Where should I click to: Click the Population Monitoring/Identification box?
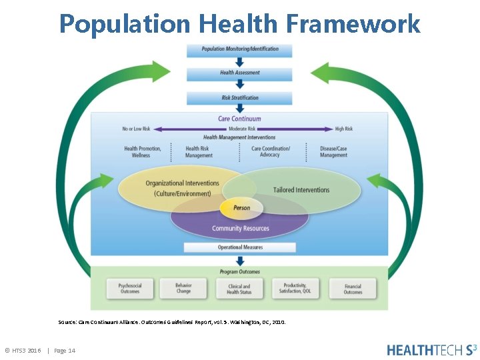point(240,49)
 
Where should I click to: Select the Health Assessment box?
point(240,73)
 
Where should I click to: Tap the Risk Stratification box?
point(240,98)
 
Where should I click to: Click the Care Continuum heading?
point(240,119)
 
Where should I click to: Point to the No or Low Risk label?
point(136,129)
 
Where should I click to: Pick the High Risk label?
point(344,129)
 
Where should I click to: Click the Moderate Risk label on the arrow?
point(242,129)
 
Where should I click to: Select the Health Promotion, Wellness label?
point(142,152)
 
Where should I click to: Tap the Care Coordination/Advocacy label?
point(270,152)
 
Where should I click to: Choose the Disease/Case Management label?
point(333,152)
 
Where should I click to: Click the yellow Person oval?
point(241,208)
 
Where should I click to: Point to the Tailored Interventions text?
point(301,190)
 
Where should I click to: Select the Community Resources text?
point(241,229)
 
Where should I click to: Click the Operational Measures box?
point(240,247)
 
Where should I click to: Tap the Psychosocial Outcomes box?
point(129,289)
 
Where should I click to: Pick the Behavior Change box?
point(183,289)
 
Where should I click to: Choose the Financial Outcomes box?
point(353,289)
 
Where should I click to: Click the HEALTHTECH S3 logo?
point(431,349)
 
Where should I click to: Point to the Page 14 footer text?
point(65,351)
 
